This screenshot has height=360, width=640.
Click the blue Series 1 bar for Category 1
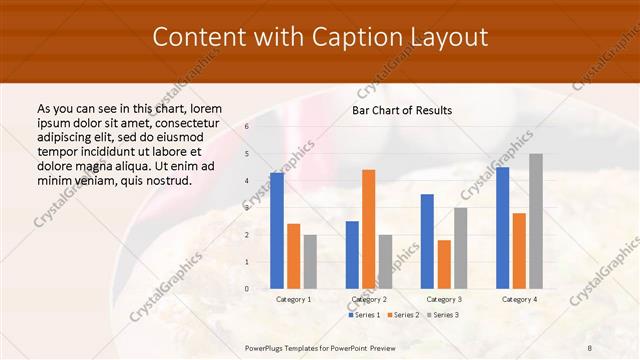click(277, 230)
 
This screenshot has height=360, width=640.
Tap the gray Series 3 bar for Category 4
click(536, 221)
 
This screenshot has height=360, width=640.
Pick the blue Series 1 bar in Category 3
click(427, 241)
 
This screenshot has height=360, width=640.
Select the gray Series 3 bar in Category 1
click(310, 261)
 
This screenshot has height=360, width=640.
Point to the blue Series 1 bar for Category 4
click(502, 227)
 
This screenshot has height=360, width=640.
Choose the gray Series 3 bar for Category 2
click(386, 261)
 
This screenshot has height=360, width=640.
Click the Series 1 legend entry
click(366, 315)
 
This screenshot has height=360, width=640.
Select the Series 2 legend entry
click(404, 315)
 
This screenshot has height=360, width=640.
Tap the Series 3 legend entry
click(443, 315)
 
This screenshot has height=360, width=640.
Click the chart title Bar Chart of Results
click(402, 110)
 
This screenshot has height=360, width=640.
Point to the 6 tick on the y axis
click(247, 127)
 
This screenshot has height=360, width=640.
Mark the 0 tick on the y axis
click(247, 289)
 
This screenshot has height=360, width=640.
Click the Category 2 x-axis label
click(369, 299)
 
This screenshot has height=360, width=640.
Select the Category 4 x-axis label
click(518, 299)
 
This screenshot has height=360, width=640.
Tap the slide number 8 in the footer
click(590, 347)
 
